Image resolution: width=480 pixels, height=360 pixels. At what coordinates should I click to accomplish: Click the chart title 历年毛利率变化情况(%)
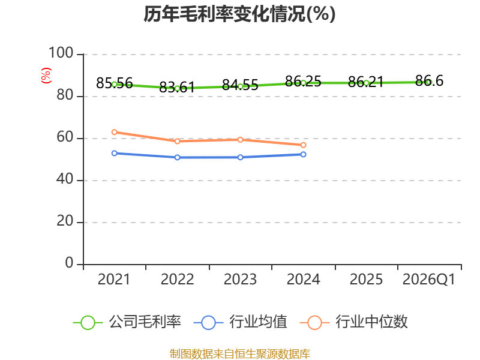coord(239,14)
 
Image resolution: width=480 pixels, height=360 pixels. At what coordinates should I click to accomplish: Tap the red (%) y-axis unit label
coord(46,76)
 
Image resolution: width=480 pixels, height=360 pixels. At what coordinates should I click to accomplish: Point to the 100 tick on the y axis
coord(61,53)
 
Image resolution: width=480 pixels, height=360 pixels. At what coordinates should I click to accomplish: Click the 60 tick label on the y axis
coord(65,137)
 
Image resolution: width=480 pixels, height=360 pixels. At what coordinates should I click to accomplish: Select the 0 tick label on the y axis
coord(69,263)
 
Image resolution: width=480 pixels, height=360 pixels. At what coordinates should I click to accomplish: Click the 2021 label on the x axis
coord(114,279)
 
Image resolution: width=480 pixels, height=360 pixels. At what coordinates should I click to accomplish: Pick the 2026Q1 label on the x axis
coord(428,279)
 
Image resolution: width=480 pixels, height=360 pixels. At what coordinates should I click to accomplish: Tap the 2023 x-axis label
coord(240,279)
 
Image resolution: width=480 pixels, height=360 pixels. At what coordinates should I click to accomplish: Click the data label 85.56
coord(114,83)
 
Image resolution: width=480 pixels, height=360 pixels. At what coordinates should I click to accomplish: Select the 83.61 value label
coord(177,87)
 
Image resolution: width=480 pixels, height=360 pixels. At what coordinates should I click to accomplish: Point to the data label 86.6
coord(429,81)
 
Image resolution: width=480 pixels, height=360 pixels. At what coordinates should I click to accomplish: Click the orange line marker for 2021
coord(115,132)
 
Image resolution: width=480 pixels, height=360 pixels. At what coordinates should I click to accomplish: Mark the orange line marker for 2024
coord(304,145)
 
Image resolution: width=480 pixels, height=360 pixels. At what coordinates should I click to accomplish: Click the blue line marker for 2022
coord(177,157)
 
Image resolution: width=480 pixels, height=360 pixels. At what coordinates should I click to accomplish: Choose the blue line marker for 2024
coord(304,155)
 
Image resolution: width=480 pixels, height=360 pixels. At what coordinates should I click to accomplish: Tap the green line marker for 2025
coord(366,83)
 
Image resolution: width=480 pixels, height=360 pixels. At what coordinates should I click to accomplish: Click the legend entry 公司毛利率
coord(127,322)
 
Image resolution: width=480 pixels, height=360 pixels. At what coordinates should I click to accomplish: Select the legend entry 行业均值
coord(241,322)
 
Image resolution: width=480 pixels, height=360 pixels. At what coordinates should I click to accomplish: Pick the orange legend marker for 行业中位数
coord(314,323)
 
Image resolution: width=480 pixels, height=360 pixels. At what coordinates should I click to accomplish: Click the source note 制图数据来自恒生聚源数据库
coord(240,354)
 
